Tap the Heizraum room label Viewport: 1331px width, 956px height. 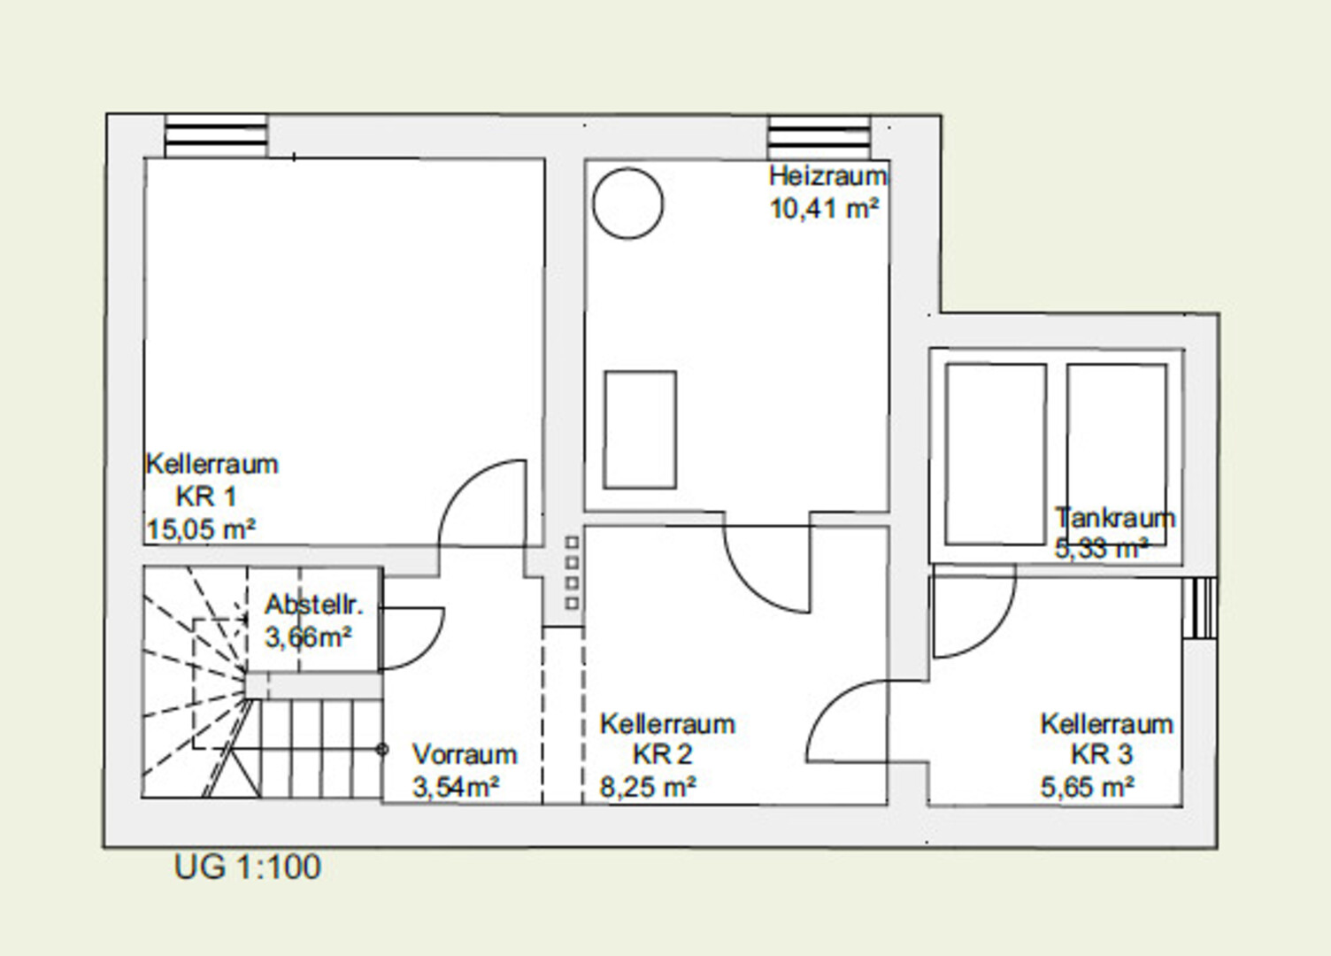point(827,176)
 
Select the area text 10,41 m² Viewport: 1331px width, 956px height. point(824,209)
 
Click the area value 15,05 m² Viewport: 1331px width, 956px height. point(201,529)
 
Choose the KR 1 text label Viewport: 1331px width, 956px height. point(206,497)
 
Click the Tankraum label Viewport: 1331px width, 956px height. point(1115,518)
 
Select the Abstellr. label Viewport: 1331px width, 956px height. point(314,605)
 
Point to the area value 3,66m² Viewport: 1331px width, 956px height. point(308,637)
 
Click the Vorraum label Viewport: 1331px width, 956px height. point(465,754)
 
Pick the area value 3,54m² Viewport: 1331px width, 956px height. point(456,787)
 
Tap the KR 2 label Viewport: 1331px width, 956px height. point(663,754)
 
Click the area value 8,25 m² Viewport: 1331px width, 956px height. point(648,787)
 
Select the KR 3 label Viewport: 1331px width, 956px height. point(1103,754)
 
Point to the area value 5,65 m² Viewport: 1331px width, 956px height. point(1088,787)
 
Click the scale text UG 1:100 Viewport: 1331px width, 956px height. point(247,867)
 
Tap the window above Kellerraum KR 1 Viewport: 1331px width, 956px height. point(216,136)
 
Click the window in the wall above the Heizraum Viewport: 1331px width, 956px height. point(819,137)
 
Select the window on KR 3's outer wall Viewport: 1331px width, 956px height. point(1200,608)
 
